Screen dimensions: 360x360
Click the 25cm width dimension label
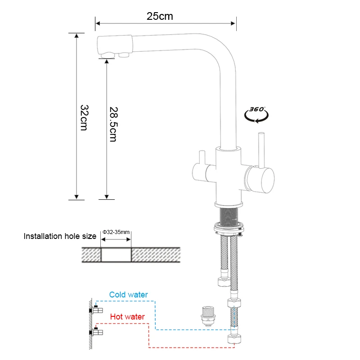click(160, 16)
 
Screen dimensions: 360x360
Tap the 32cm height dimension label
click(83, 117)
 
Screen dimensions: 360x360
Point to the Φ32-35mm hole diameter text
click(116, 232)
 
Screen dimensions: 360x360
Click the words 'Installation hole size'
click(60, 236)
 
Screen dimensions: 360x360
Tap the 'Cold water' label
click(128, 295)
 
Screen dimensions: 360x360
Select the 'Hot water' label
click(127, 317)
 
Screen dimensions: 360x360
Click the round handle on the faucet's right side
click(260, 179)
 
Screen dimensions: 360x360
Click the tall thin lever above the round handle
click(260, 148)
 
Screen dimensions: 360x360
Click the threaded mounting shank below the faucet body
click(230, 215)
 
